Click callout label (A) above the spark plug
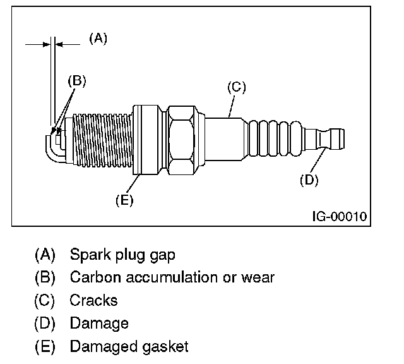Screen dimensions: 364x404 (98, 38)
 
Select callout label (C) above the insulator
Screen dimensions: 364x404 (235, 87)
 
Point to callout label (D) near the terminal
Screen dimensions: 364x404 (309, 179)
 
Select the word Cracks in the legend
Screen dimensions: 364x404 (93, 300)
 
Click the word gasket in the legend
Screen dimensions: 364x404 (168, 346)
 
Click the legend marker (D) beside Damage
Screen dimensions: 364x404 (45, 324)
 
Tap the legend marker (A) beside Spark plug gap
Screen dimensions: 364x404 (45, 255)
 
